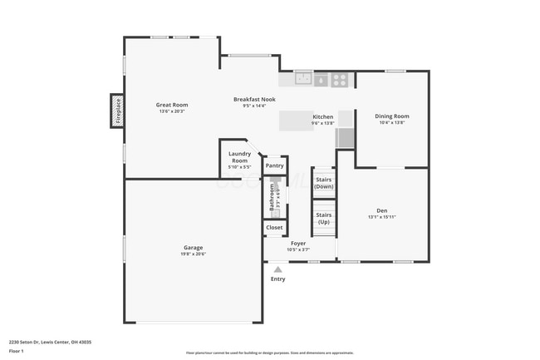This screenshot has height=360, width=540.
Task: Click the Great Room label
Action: tap(173, 105)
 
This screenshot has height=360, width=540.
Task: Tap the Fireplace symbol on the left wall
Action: tap(117, 111)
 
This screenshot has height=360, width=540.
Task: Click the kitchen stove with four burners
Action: tap(339, 80)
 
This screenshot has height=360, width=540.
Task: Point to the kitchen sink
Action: tap(303, 80)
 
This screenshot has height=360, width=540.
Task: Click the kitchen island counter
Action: tap(297, 121)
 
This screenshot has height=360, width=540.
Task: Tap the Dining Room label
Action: tap(391, 116)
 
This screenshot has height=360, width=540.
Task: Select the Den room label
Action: tap(382, 211)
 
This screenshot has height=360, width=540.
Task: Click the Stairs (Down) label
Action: tap(323, 183)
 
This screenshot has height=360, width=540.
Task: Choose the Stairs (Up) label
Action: tap(323, 219)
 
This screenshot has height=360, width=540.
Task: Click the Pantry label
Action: tap(274, 166)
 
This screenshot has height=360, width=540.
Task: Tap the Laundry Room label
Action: tap(239, 157)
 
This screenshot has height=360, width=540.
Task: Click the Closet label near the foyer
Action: tap(274, 227)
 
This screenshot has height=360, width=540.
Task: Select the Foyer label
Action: tap(297, 244)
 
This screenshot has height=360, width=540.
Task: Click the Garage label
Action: tap(193, 247)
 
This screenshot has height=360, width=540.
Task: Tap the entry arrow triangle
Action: tap(277, 269)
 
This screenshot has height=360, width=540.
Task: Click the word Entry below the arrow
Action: tap(277, 279)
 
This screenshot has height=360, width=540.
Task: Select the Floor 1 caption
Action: tap(16, 352)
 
